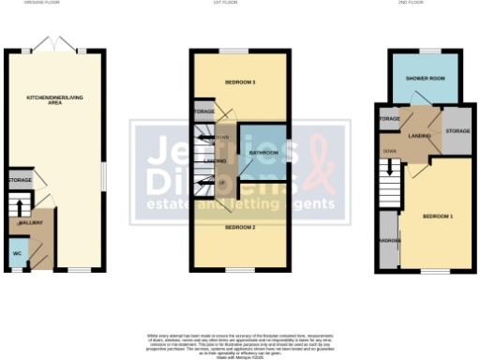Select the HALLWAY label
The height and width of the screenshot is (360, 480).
point(32,226)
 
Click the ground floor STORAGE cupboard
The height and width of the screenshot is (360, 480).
point(20,180)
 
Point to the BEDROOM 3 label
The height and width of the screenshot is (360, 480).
point(240,82)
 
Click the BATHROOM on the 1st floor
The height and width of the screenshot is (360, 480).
point(263,152)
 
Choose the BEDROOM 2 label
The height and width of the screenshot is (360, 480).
point(240,228)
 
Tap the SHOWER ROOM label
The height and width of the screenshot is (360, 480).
point(425,78)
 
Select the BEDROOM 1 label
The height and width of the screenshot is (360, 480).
point(437,217)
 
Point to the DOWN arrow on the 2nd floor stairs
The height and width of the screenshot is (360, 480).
point(387,169)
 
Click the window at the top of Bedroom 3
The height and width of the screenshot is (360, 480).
point(240,50)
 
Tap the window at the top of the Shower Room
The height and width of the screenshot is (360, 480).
point(429,50)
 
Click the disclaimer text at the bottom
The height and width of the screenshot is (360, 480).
point(241,341)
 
